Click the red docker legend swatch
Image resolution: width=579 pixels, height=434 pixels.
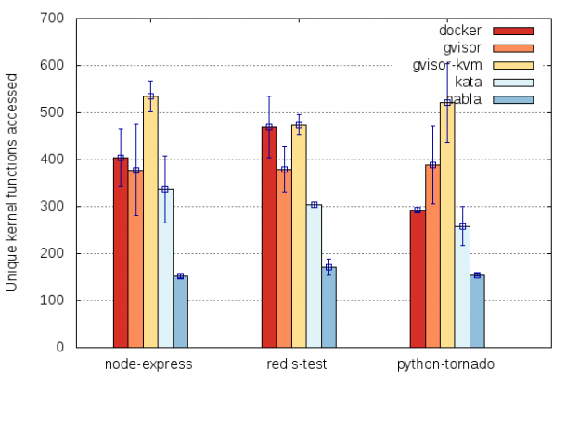513,30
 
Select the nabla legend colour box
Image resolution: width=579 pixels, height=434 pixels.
513,99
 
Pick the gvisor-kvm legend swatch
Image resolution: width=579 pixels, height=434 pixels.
513,64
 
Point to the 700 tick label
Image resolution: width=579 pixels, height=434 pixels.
52,19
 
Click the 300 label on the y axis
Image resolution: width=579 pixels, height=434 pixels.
52,207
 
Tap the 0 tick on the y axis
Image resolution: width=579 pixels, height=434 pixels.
59,348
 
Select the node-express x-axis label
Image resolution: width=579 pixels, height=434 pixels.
149,364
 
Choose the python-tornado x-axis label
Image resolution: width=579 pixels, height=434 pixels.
446,364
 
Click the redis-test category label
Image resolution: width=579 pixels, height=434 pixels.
298,364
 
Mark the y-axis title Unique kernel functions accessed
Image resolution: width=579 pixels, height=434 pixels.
12,182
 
